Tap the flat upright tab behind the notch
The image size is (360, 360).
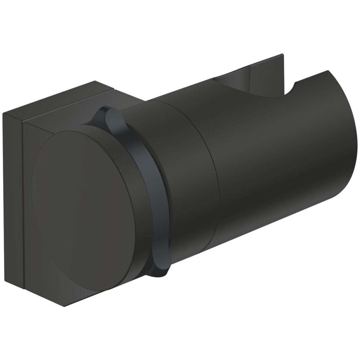pos(265,67)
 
